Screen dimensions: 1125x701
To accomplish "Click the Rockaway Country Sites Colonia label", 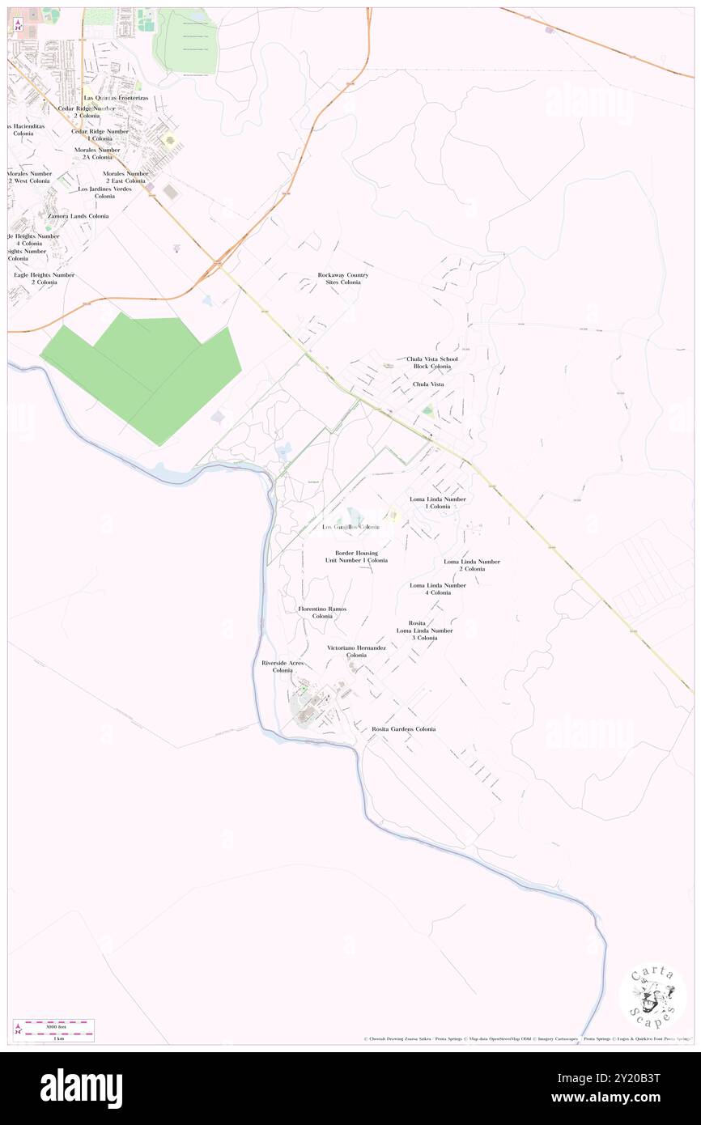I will (342, 278).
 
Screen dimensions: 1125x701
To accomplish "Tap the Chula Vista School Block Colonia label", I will (431, 363).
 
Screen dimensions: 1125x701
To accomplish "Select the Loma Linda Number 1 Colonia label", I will (437, 503).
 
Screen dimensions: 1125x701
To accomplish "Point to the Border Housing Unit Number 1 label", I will (356, 557).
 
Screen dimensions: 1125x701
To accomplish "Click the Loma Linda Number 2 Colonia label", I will (472, 565).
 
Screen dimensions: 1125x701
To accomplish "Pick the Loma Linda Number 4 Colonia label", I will (438, 588).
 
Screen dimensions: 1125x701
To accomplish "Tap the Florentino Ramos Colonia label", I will (322, 612).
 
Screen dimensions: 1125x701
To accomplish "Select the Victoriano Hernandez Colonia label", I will (356, 652).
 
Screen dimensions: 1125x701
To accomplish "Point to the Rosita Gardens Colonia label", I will (403, 729).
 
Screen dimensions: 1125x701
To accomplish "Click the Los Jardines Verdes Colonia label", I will (104, 193).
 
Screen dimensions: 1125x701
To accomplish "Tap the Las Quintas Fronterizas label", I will (116, 98).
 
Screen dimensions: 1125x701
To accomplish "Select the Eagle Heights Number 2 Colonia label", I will (44, 278).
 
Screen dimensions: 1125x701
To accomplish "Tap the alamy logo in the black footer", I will (81, 1088).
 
